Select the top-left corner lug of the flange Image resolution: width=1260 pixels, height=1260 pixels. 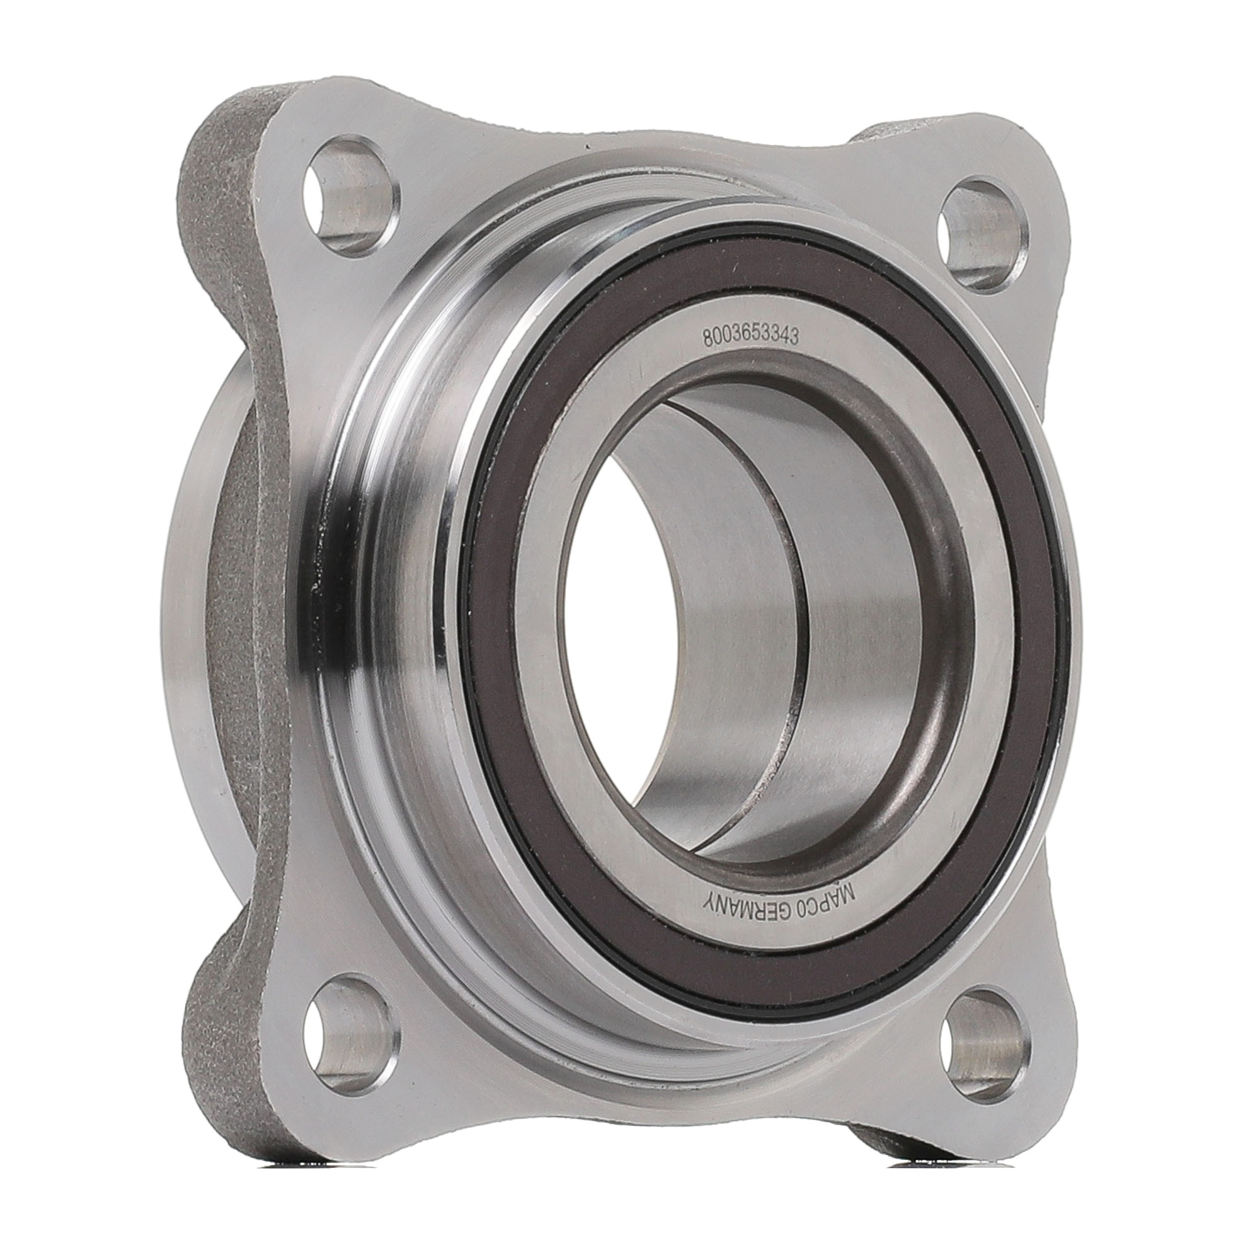tap(326, 163)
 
